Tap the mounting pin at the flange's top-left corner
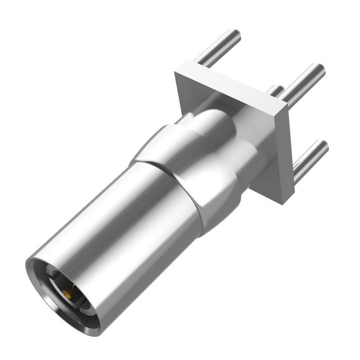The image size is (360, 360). coord(218,47)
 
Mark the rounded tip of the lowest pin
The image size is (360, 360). coord(323,147)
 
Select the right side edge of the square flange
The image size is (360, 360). coord(284,153)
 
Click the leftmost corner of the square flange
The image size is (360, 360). coord(175,72)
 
